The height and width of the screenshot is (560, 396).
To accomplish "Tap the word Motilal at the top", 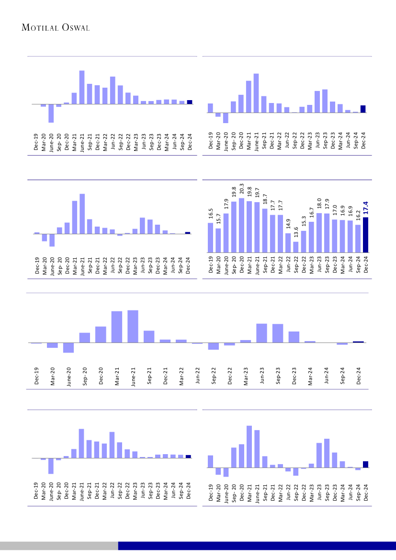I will pos(41,28).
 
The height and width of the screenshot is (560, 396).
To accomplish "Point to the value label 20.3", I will pos(242,189).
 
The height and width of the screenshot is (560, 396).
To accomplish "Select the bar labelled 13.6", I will pos(296,247).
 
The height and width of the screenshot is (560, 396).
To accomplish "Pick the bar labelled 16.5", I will pos(210,238).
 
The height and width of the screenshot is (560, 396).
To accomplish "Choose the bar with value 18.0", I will pos(319,233).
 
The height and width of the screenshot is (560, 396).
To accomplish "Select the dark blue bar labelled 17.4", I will pos(366,235).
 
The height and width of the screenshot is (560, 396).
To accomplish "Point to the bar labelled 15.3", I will pos(304,241).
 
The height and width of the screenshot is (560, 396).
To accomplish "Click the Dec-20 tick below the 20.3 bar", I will pos(242,263).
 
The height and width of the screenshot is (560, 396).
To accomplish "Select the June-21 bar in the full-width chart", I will pos(133,326).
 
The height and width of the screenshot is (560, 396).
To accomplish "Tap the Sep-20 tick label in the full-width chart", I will pos(85,377).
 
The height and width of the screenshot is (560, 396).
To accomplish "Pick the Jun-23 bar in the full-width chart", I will pos(262,333).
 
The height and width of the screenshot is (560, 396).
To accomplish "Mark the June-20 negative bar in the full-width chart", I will pos(68,348).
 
